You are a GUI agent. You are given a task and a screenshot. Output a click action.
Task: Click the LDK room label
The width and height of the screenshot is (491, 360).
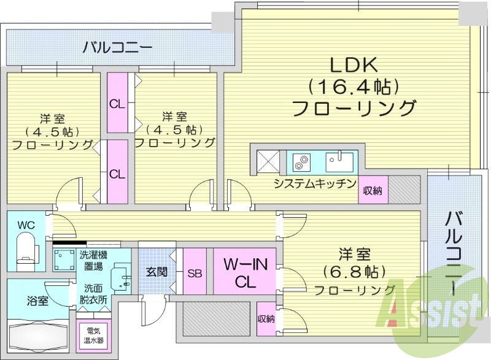[354, 86]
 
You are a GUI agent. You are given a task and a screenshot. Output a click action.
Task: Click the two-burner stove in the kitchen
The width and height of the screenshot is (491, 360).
[301, 163]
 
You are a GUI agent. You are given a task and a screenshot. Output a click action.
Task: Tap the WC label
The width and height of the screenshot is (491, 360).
[26, 225]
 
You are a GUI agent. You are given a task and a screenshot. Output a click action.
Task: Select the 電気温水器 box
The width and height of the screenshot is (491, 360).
[95, 335]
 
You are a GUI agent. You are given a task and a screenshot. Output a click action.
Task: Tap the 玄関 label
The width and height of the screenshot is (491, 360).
[157, 271]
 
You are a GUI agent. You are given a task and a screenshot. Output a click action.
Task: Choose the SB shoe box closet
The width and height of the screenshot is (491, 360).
[195, 271]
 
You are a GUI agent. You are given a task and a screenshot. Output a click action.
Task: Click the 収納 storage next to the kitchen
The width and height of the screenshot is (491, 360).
[373, 190]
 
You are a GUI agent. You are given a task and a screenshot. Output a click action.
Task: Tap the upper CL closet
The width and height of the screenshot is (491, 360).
[117, 103]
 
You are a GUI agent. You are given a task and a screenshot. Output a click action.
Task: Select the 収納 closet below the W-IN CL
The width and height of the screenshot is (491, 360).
[266, 318]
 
